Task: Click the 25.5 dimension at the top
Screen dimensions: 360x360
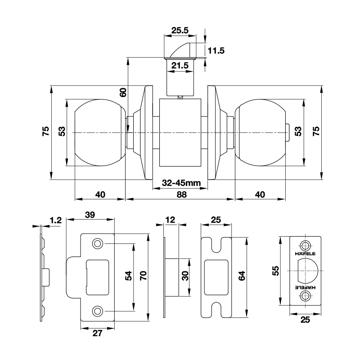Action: [180, 30]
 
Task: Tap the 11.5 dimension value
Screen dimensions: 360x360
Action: [216, 50]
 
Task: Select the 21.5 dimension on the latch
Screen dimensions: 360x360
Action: [180, 65]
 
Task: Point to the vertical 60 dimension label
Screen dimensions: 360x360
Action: [123, 92]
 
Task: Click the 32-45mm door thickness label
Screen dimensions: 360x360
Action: [181, 183]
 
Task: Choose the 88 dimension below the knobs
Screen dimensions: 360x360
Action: [182, 195]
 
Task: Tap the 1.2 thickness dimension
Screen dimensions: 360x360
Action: [56, 220]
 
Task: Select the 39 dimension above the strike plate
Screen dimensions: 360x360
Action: [90, 215]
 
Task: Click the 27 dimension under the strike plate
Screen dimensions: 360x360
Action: [97, 333]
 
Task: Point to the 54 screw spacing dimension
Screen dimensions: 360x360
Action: [128, 275]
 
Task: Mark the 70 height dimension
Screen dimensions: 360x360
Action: [143, 275]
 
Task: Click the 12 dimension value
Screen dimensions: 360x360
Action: [170, 220]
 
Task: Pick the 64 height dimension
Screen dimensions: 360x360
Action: [242, 276]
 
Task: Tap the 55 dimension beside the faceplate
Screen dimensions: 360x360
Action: [275, 270]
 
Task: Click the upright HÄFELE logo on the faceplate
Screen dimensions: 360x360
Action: [305, 254]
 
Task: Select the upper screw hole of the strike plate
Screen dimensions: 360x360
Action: [97, 243]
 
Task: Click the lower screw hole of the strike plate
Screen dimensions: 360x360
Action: [97, 311]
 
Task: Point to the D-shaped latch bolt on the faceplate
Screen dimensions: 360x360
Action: [308, 271]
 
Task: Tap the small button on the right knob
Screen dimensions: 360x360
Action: [288, 133]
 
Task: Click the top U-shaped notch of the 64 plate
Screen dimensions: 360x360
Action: [216, 245]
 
